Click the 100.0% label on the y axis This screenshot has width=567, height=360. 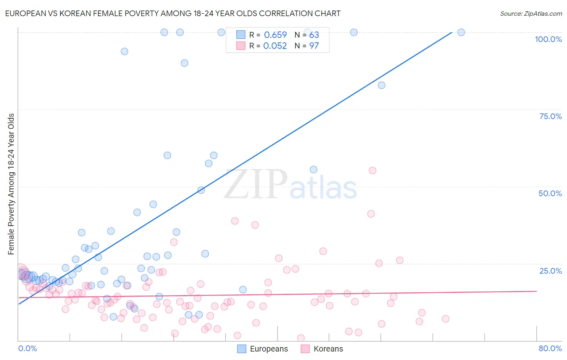click(x=548, y=39)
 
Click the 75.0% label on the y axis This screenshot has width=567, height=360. click(x=550, y=116)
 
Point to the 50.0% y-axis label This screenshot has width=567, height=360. click(x=550, y=193)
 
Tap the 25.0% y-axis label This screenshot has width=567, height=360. click(x=550, y=271)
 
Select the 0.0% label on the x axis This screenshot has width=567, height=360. click(x=27, y=348)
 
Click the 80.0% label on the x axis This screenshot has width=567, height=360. click(x=550, y=348)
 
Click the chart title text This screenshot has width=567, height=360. click(x=173, y=13)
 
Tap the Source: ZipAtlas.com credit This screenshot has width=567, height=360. click(x=531, y=13)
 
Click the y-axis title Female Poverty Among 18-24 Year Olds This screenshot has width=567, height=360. click(x=11, y=184)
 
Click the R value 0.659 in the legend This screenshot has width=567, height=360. click(x=275, y=35)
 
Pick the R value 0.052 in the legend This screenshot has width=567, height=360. click(x=275, y=46)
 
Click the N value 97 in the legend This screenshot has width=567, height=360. click(x=314, y=46)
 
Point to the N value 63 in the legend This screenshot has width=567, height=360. click(x=314, y=35)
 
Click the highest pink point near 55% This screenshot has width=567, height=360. click(x=372, y=171)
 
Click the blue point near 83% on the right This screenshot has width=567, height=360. click(x=381, y=85)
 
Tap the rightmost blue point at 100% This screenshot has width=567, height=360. click(x=461, y=32)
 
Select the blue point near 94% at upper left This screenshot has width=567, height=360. click(x=125, y=51)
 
